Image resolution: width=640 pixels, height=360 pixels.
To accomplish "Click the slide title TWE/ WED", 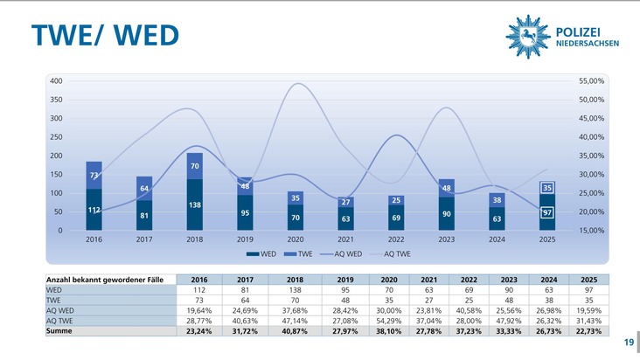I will click(x=105, y=34).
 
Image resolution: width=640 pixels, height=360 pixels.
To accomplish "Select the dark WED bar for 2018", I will click(x=194, y=204).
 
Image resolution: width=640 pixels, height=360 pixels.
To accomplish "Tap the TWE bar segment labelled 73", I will click(x=94, y=176).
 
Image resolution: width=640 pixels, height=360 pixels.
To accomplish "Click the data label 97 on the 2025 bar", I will click(x=546, y=212).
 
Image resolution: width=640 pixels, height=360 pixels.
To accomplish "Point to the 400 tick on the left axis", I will click(x=55, y=81).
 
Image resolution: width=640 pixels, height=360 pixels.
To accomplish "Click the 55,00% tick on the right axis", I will click(x=592, y=81).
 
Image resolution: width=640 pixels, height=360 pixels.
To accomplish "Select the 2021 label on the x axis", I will click(x=345, y=239).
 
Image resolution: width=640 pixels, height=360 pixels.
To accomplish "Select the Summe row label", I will click(x=60, y=331).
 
